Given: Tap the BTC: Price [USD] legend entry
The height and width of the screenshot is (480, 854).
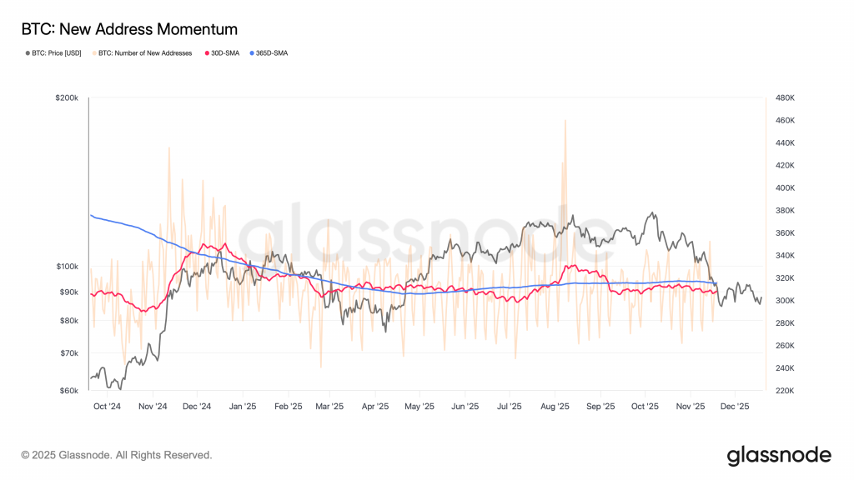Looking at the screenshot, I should (x=55, y=53).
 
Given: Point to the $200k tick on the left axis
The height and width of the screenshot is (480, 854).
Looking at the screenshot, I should (x=67, y=97).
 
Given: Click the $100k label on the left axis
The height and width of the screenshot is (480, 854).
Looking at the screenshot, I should (x=67, y=267).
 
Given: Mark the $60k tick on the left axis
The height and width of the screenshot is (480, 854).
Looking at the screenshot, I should (x=68, y=390).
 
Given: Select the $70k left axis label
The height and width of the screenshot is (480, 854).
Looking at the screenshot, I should (x=68, y=353).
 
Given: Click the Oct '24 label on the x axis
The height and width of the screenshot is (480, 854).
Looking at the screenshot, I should (x=107, y=407).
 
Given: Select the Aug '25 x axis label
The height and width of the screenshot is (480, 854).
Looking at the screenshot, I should (x=555, y=407).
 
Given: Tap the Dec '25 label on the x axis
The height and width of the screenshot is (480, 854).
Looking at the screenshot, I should (x=735, y=407).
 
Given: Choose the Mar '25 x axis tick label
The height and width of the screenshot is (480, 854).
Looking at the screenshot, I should (x=329, y=407).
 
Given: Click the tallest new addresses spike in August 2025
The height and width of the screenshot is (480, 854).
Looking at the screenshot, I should (x=565, y=121).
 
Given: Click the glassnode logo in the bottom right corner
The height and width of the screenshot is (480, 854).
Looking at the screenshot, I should (x=779, y=455).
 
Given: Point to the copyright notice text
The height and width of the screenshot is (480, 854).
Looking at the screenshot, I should (x=117, y=455).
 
